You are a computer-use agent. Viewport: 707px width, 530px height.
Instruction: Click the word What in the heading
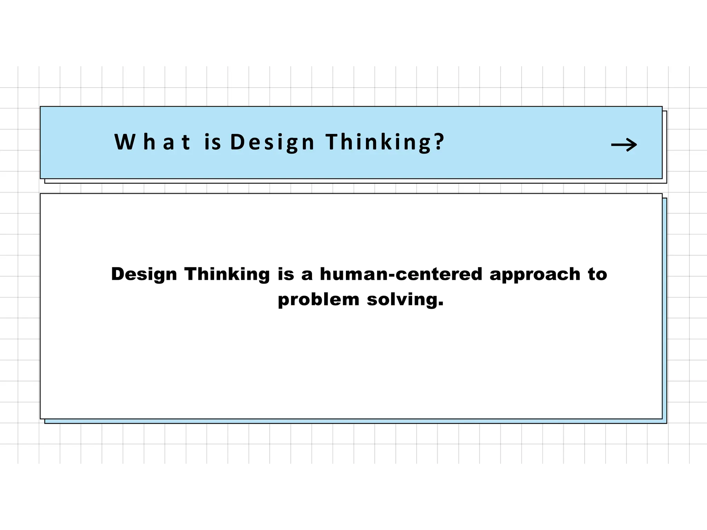tap(152, 142)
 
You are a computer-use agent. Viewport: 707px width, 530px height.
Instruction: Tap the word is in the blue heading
tap(212, 142)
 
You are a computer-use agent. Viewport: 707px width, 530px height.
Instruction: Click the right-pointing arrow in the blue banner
tap(624, 145)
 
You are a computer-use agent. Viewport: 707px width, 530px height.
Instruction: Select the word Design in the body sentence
tap(144, 275)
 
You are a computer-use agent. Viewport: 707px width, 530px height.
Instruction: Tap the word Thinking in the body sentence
tap(227, 275)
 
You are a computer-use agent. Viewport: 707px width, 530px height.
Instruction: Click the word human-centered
tap(401, 274)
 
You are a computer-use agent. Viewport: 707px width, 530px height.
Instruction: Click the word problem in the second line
tap(319, 300)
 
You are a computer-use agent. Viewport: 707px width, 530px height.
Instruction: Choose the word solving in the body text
tap(401, 300)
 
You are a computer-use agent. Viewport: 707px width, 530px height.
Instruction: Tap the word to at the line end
tap(597, 274)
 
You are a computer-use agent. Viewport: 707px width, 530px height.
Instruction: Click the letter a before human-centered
tap(307, 275)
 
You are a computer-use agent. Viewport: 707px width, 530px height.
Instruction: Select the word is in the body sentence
tap(286, 274)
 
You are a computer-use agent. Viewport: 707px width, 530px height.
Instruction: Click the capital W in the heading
tap(125, 142)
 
